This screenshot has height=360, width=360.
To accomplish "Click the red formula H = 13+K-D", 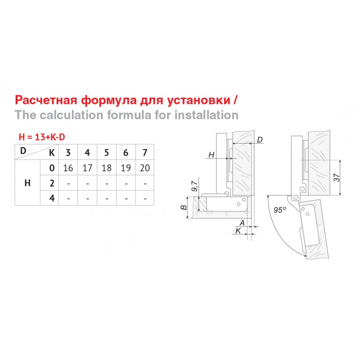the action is [x=42, y=137].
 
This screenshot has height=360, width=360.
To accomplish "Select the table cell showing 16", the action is [x=68, y=168].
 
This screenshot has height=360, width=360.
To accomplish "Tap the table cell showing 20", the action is [x=145, y=168].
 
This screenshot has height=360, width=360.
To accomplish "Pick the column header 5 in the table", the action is [x=107, y=153].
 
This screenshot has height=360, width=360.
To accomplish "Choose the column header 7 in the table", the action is [x=145, y=153].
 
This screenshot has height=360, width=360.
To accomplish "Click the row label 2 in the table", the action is [x=52, y=183].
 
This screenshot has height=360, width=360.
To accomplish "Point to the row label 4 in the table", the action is [x=52, y=198].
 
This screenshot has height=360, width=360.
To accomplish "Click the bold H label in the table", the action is [x=27, y=183].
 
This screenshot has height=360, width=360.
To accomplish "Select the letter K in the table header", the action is [x=52, y=153].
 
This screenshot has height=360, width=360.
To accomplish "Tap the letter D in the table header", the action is [x=23, y=151].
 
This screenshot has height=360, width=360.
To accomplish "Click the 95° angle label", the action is [x=280, y=210].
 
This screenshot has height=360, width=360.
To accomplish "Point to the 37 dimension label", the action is [x=336, y=177].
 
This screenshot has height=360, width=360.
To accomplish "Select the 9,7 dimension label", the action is [x=194, y=186].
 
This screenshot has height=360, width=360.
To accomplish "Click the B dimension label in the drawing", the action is [x=184, y=207].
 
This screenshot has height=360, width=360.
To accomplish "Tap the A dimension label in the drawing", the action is [x=242, y=223].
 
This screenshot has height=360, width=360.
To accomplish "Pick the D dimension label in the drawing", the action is [x=260, y=139].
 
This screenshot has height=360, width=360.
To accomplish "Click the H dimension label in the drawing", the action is [x=211, y=155].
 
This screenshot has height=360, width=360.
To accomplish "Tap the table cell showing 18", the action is [x=107, y=168].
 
